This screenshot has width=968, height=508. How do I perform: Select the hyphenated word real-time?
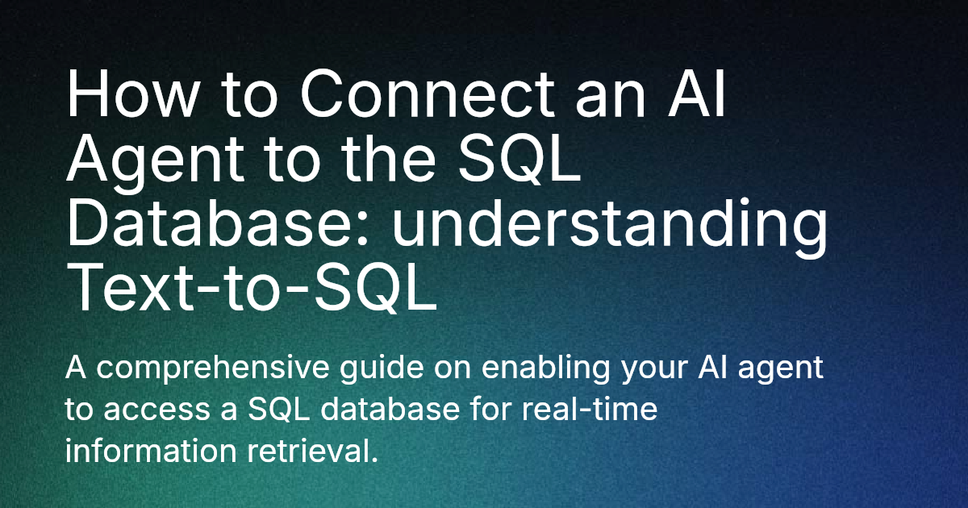coord(592,410)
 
